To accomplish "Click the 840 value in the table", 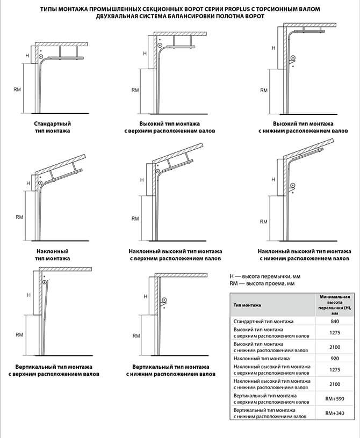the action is tap(335, 321).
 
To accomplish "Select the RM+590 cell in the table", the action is tap(335, 399).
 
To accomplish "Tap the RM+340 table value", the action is tap(335, 413).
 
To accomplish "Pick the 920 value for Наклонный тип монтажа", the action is tap(335, 359).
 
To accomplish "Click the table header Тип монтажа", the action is tap(247, 305).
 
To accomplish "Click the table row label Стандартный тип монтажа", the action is tap(263, 322).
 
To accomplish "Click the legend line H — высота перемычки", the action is tap(265, 276).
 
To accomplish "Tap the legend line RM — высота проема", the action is tap(262, 283).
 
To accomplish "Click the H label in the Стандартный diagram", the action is tap(27, 56).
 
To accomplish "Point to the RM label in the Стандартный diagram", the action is tap(17, 90).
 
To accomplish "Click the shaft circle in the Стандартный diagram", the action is tap(41, 57).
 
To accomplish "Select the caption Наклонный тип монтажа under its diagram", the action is tap(53, 255).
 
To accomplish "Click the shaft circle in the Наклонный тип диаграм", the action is tap(41, 183).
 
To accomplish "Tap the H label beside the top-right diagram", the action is tap(273, 48).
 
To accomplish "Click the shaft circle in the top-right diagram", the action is tap(293, 59).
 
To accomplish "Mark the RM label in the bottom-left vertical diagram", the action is tap(19, 334).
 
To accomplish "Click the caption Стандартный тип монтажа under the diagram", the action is tap(53, 127).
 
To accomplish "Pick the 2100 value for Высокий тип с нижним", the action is tap(335, 347).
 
